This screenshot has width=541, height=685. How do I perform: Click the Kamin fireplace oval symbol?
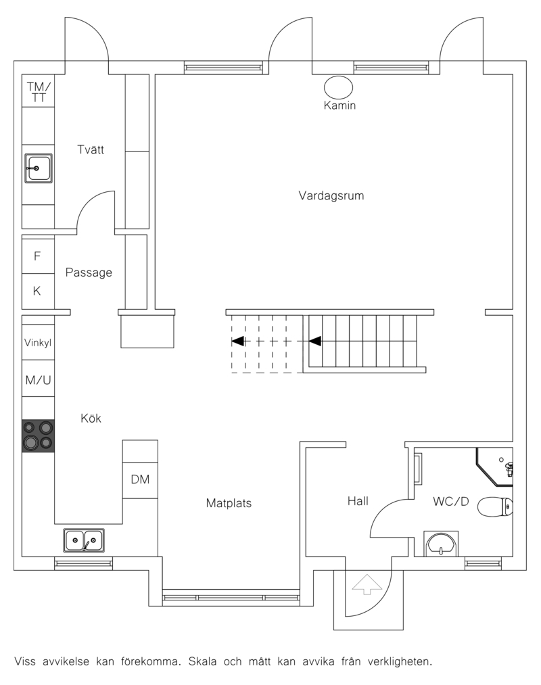click(x=338, y=87)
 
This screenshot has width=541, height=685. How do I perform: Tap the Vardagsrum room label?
click(x=331, y=195)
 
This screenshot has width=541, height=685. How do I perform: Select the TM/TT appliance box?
click(x=39, y=91)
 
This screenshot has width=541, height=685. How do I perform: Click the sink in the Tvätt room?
click(x=39, y=168)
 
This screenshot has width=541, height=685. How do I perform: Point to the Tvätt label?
click(x=91, y=149)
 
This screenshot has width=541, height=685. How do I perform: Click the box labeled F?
click(x=39, y=255)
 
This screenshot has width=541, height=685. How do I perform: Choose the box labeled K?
click(x=39, y=291)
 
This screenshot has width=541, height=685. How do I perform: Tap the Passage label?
click(x=89, y=273)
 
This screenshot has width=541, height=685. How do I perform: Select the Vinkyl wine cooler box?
click(x=39, y=342)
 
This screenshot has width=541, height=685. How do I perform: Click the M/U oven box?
click(x=39, y=379)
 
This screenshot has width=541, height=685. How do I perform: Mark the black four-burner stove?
click(x=39, y=435)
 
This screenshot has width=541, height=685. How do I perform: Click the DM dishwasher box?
click(x=140, y=479)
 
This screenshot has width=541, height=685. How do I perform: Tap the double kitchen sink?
click(x=84, y=540)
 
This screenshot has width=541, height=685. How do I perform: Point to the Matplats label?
click(x=229, y=503)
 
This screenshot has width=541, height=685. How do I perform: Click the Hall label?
click(x=358, y=501)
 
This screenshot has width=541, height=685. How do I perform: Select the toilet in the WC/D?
click(x=495, y=506)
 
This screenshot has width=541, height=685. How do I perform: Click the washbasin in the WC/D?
click(x=441, y=544)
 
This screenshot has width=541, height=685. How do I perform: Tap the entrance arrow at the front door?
click(x=367, y=584)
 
